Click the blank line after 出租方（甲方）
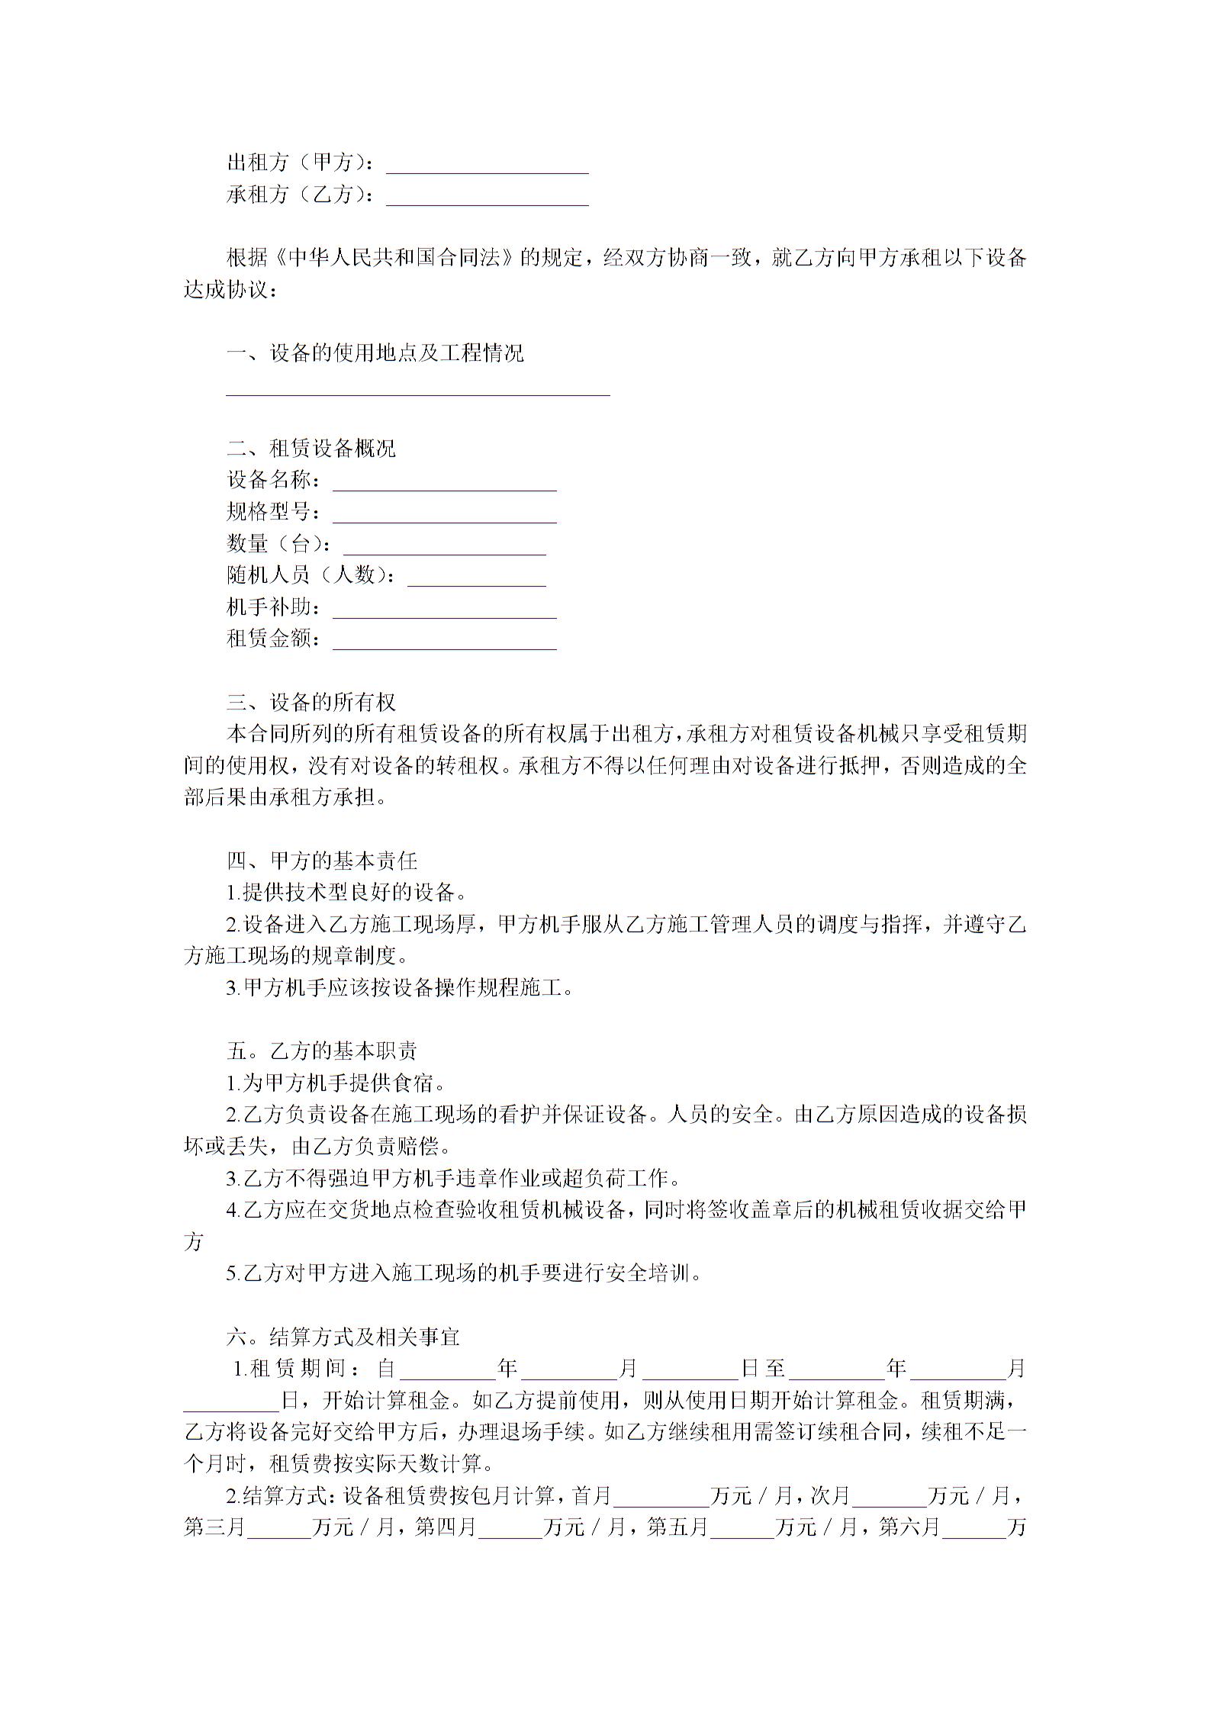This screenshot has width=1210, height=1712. (487, 166)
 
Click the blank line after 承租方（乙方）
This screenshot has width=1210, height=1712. (487, 198)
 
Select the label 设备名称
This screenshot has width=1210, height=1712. (270, 480)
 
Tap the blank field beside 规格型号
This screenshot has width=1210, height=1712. (444, 514)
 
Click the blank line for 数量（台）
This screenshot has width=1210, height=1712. (444, 546)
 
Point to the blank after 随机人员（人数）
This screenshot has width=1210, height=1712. (476, 578)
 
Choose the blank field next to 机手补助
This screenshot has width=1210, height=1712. (444, 610)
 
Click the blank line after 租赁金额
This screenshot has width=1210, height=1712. (444, 641)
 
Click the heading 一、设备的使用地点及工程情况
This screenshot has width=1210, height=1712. (375, 353)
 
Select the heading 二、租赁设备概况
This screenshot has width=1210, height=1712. (311, 448)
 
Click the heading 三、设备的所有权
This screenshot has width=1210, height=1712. (311, 702)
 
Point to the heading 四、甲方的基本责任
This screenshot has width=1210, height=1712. (322, 861)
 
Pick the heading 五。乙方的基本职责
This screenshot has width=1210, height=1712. (322, 1051)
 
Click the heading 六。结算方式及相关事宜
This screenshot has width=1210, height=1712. (343, 1337)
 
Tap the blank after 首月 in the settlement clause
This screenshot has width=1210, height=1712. (661, 1495)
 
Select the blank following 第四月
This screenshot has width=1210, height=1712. (510, 1527)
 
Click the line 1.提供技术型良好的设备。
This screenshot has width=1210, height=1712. (347, 893)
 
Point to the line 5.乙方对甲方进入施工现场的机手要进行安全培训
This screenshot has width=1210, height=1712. (464, 1273)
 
